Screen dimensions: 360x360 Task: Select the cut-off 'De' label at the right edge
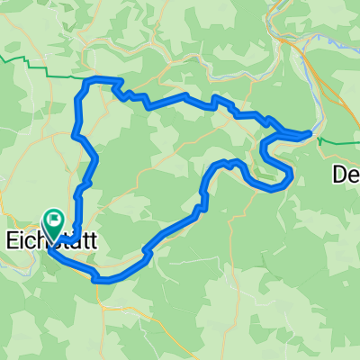[346, 173]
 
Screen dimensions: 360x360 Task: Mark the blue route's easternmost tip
[310, 134]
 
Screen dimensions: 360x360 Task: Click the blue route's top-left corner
[86, 82]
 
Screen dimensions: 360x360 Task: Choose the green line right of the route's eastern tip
[337, 140]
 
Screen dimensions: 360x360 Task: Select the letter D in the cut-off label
[340, 173]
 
